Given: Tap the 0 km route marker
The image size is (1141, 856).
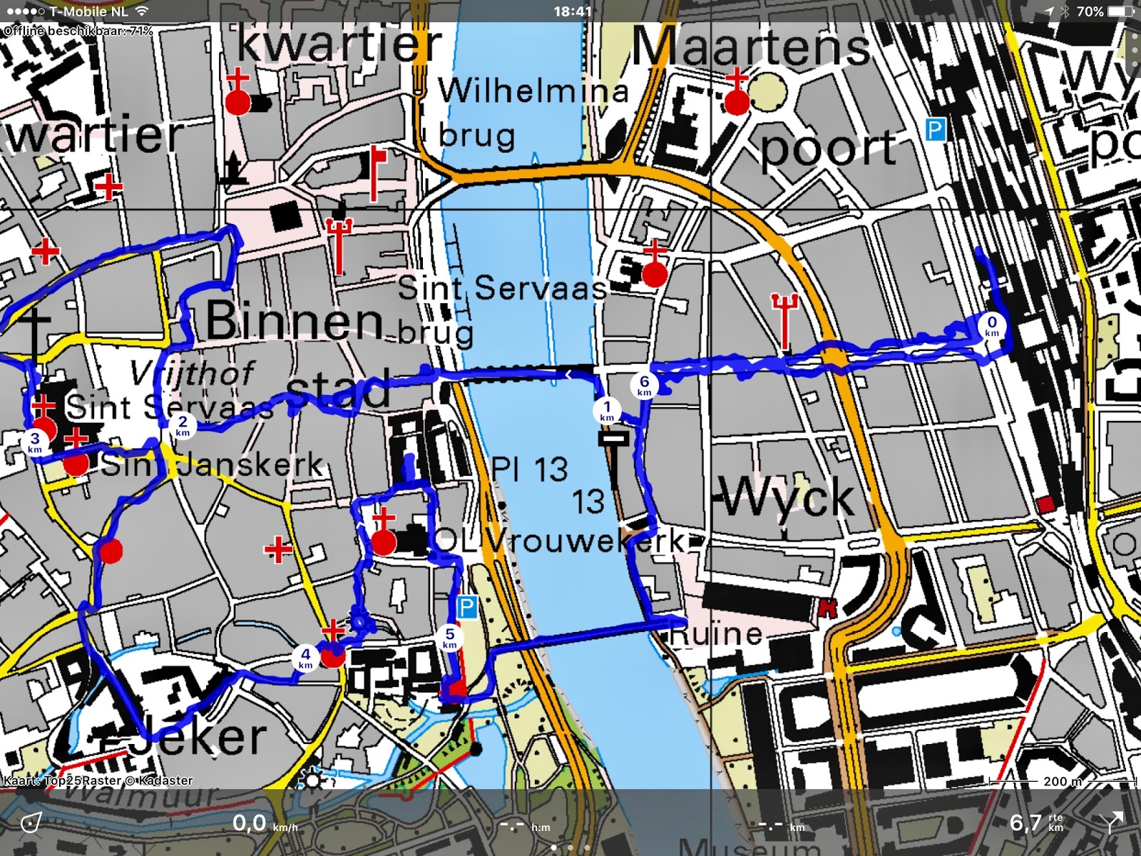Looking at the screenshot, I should tap(992, 325).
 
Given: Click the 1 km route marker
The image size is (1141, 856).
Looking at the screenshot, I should tap(607, 411).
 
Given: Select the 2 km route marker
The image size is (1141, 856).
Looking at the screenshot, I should tap(183, 425).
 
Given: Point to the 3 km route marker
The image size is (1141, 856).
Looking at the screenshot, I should tap(35, 442).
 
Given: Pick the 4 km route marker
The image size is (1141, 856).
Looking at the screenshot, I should tap(305, 657).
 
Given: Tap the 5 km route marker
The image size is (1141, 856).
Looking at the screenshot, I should tap(449, 637).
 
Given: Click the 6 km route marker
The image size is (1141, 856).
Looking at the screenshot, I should tap(644, 385).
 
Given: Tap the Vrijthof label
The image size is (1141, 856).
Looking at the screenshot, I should tap(193, 373).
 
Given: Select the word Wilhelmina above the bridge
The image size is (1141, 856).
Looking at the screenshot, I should tap(533, 91).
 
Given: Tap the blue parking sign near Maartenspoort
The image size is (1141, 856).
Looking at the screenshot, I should tap(935, 130).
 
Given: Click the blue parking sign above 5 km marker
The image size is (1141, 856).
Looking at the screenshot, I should tap(466, 608).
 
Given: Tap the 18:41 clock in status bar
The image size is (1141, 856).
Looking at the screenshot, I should tap(572, 11).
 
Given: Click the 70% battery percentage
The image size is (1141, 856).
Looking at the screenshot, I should tap(1090, 11).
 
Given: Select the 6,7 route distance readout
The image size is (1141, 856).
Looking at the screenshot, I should tap(1025, 823).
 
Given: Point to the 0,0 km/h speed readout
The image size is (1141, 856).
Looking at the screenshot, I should tap(250, 823).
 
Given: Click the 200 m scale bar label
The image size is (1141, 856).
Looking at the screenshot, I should tap(1063, 782).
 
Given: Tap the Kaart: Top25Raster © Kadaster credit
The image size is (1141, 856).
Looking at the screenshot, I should tap(98, 780).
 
